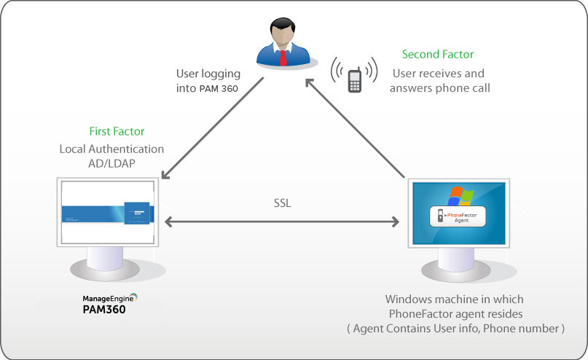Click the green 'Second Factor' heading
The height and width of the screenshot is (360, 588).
click(438, 54)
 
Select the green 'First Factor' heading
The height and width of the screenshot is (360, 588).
click(117, 132)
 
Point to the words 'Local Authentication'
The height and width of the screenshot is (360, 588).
click(111, 149)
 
